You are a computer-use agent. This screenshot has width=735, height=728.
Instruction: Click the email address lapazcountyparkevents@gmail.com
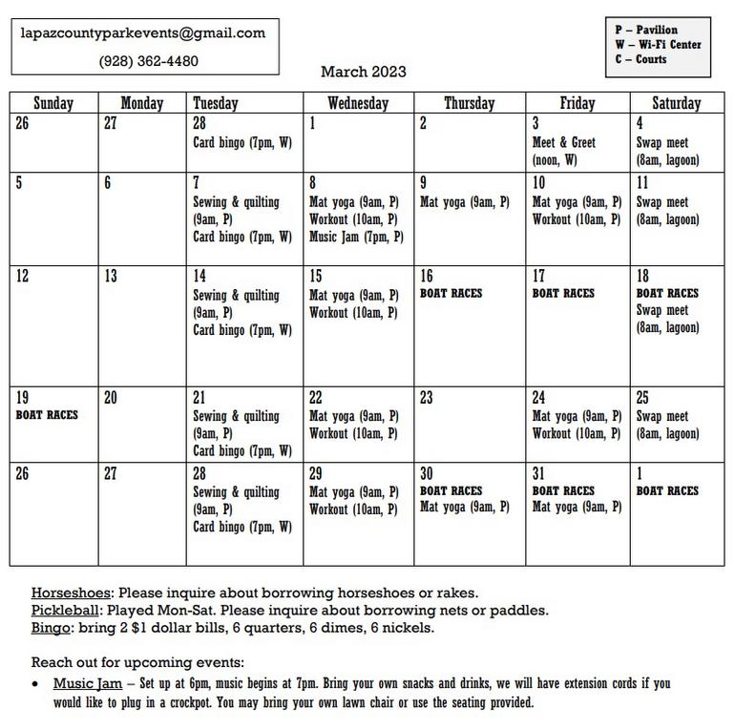pos(143,32)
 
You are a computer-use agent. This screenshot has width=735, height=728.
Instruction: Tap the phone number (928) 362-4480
pos(149,61)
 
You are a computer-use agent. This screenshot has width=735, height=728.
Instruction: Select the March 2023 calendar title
pos(363,72)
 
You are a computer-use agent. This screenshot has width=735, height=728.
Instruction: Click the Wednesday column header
pos(358,103)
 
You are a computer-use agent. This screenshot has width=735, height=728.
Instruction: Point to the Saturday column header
pos(676,103)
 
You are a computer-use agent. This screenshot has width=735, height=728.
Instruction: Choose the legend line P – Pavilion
pos(646,30)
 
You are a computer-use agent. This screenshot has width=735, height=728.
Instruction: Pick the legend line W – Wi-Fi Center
pos(658,45)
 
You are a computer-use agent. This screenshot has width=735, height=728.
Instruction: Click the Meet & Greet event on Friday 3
pos(563,143)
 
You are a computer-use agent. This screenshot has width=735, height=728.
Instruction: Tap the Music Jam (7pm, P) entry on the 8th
pos(356,237)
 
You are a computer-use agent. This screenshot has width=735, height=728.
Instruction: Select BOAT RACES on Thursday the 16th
pos(451,294)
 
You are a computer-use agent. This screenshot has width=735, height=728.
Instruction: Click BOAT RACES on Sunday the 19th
pos(47,415)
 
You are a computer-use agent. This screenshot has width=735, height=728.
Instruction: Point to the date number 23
pos(426,398)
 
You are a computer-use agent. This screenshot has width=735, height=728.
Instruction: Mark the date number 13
pos(111,277)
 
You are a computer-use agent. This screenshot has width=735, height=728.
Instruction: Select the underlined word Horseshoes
pos(71,593)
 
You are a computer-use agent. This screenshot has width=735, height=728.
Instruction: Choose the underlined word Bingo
pos(51,627)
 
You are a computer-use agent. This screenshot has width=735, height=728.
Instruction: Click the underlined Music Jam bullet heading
pos(87,683)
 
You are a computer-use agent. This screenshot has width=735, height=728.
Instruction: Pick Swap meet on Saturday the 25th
pos(661,416)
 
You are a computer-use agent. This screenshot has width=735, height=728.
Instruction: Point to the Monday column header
pos(142,103)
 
